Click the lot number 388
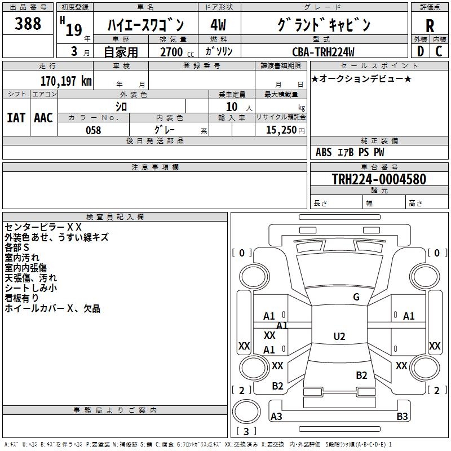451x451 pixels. (x=28, y=24)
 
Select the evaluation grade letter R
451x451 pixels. (x=430, y=26)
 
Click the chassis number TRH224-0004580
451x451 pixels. (x=378, y=179)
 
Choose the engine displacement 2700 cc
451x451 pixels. (x=173, y=52)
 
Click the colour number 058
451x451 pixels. (x=93, y=130)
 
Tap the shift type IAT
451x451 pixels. (x=16, y=118)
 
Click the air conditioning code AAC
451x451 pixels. (x=43, y=118)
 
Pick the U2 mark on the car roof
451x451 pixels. (x=339, y=337)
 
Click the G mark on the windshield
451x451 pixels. (x=356, y=297)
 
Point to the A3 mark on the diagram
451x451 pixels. (x=277, y=417)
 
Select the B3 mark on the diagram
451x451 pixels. (x=402, y=417)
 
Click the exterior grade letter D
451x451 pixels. (x=420, y=52)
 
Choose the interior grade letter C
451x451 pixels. (x=439, y=52)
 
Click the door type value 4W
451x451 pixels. (x=218, y=26)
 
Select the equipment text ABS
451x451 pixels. (x=324, y=152)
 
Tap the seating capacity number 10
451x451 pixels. (x=232, y=107)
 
